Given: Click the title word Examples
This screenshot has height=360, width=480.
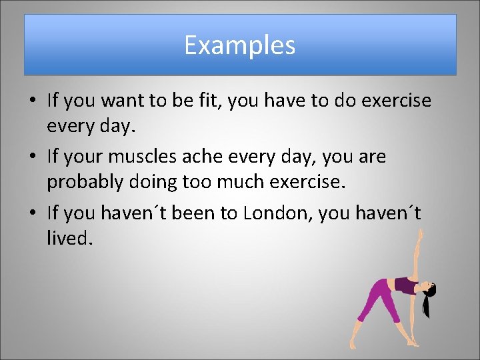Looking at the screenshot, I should (x=240, y=45).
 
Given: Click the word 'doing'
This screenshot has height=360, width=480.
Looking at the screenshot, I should (x=151, y=181).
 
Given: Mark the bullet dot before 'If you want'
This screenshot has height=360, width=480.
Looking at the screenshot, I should (x=32, y=101).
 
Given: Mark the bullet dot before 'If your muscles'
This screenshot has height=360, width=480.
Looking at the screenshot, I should (x=32, y=158).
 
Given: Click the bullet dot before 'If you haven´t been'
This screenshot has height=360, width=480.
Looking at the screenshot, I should (x=32, y=214).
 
